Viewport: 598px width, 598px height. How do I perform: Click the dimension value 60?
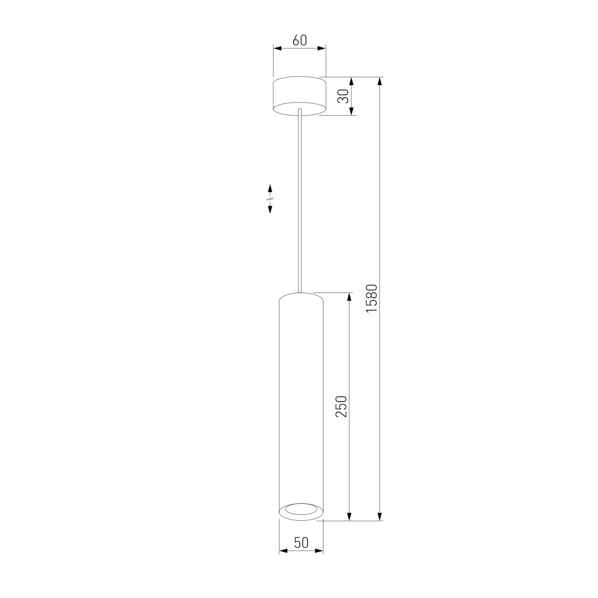(x=299, y=40)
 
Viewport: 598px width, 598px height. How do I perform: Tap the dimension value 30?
(x=343, y=96)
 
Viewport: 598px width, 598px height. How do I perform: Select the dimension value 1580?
(x=371, y=298)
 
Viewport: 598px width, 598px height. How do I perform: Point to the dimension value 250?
(x=341, y=407)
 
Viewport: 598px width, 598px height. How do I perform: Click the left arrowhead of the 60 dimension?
(x=277, y=48)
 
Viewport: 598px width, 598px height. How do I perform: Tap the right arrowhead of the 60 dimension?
(x=322, y=48)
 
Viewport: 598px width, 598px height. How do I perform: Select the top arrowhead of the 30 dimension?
(x=351, y=81)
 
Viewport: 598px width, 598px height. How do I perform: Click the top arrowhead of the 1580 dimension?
(x=380, y=81)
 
